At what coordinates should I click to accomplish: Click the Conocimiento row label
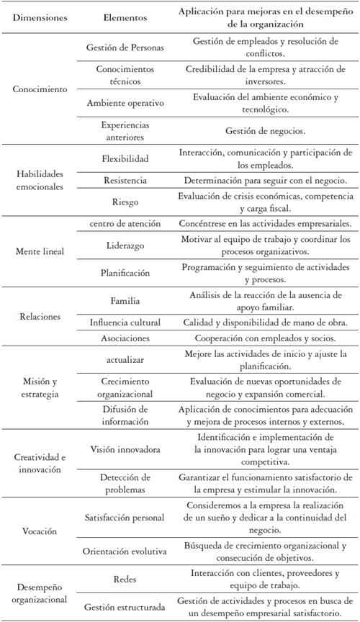tap(40, 89)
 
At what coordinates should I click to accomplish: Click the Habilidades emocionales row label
tap(40, 180)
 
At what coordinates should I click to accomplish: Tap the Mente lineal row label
tap(40, 252)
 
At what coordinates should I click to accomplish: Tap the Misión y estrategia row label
tap(40, 389)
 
